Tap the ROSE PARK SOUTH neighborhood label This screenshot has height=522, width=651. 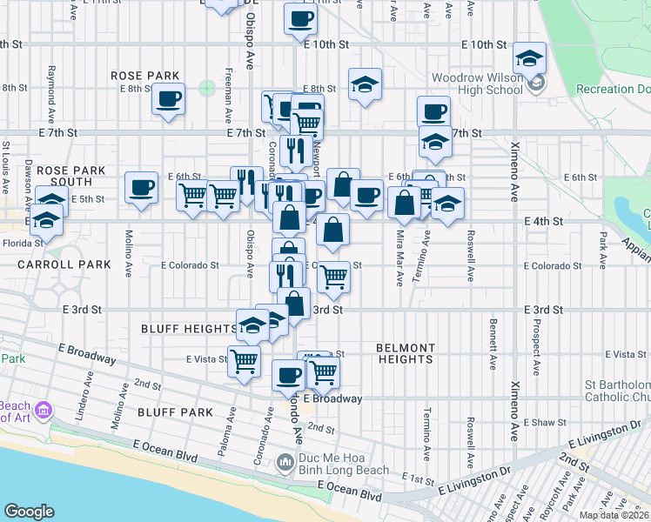click(x=65, y=176)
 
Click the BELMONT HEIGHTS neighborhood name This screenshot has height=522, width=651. click(x=405, y=353)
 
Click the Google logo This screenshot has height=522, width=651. click(x=29, y=511)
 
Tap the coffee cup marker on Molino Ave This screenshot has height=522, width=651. click(x=141, y=187)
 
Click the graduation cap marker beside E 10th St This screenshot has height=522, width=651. click(x=529, y=58)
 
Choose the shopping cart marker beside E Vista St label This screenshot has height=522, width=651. click(x=245, y=359)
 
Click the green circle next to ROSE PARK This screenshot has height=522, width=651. click(x=207, y=87)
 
